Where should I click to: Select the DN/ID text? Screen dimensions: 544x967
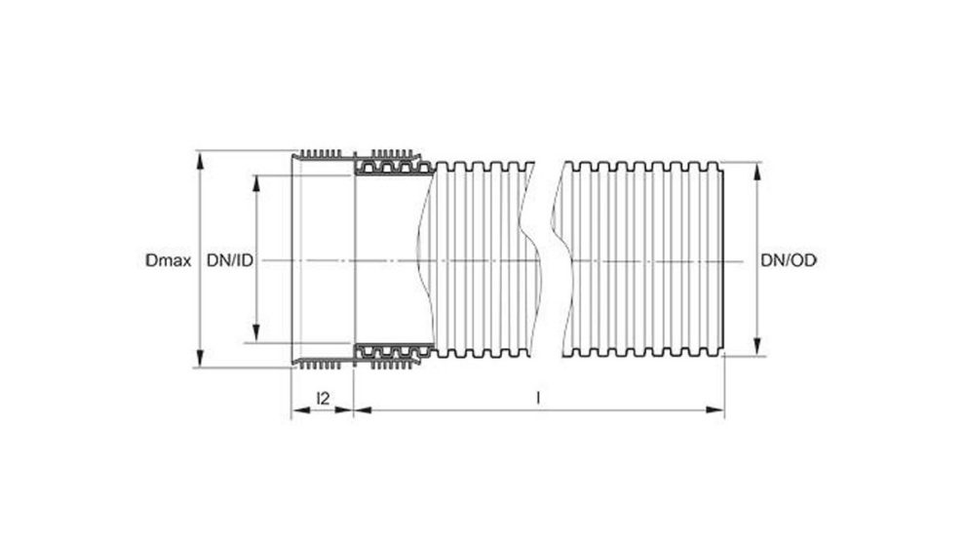tap(230, 260)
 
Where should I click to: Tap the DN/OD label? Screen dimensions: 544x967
tap(789, 260)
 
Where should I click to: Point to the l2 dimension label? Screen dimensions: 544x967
tap(324, 398)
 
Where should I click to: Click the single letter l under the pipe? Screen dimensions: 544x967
tap(539, 398)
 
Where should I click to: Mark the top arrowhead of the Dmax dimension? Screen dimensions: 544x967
tap(200, 156)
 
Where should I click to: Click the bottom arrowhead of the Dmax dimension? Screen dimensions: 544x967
tap(200, 363)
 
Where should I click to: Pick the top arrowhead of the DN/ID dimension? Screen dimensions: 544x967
tap(257, 181)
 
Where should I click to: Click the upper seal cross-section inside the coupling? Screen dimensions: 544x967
tap(390, 168)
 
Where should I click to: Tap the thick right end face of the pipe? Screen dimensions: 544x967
tap(723, 260)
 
